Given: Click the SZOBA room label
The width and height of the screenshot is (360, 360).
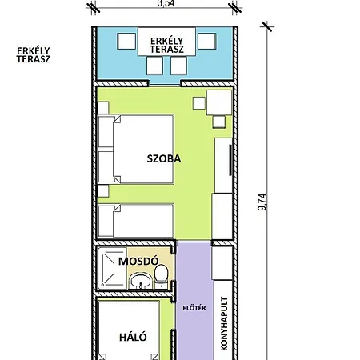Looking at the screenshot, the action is tap(164, 158).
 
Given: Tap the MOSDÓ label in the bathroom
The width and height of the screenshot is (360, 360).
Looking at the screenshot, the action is tap(138, 261).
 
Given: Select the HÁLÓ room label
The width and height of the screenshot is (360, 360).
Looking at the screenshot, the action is tap(133, 337).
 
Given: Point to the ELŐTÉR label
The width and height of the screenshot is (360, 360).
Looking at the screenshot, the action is tap(194, 308).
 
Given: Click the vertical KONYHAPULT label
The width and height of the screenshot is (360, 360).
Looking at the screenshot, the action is tap(224, 323).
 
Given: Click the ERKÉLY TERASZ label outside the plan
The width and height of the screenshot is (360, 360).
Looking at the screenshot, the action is tap(34, 55).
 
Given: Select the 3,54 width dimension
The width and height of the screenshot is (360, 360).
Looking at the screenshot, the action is tap(166, 3).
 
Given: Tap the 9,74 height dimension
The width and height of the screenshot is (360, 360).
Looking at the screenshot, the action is tap(262, 202).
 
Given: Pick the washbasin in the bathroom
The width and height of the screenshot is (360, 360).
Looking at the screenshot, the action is tap(141, 281).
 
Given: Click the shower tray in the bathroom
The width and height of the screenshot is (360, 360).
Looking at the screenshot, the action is tap(112, 268).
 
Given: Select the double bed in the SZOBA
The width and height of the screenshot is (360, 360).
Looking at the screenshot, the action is tap(136, 150).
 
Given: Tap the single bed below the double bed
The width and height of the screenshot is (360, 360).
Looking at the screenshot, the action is tap(136, 221).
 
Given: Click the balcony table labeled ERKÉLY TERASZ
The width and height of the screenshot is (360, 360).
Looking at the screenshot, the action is tap(166, 42).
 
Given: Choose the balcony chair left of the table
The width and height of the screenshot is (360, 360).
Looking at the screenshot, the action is tap(126, 41).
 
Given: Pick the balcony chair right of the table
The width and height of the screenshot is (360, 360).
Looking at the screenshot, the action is tap(206, 41).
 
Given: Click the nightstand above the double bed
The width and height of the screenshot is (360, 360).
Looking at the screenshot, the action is tap(103, 108).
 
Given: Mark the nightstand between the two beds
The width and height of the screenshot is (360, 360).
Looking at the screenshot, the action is tap(103, 191).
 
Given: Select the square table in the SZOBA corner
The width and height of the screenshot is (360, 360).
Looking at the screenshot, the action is tap(219, 102).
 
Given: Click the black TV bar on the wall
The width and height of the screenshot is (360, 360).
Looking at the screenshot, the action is tap(230, 160).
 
